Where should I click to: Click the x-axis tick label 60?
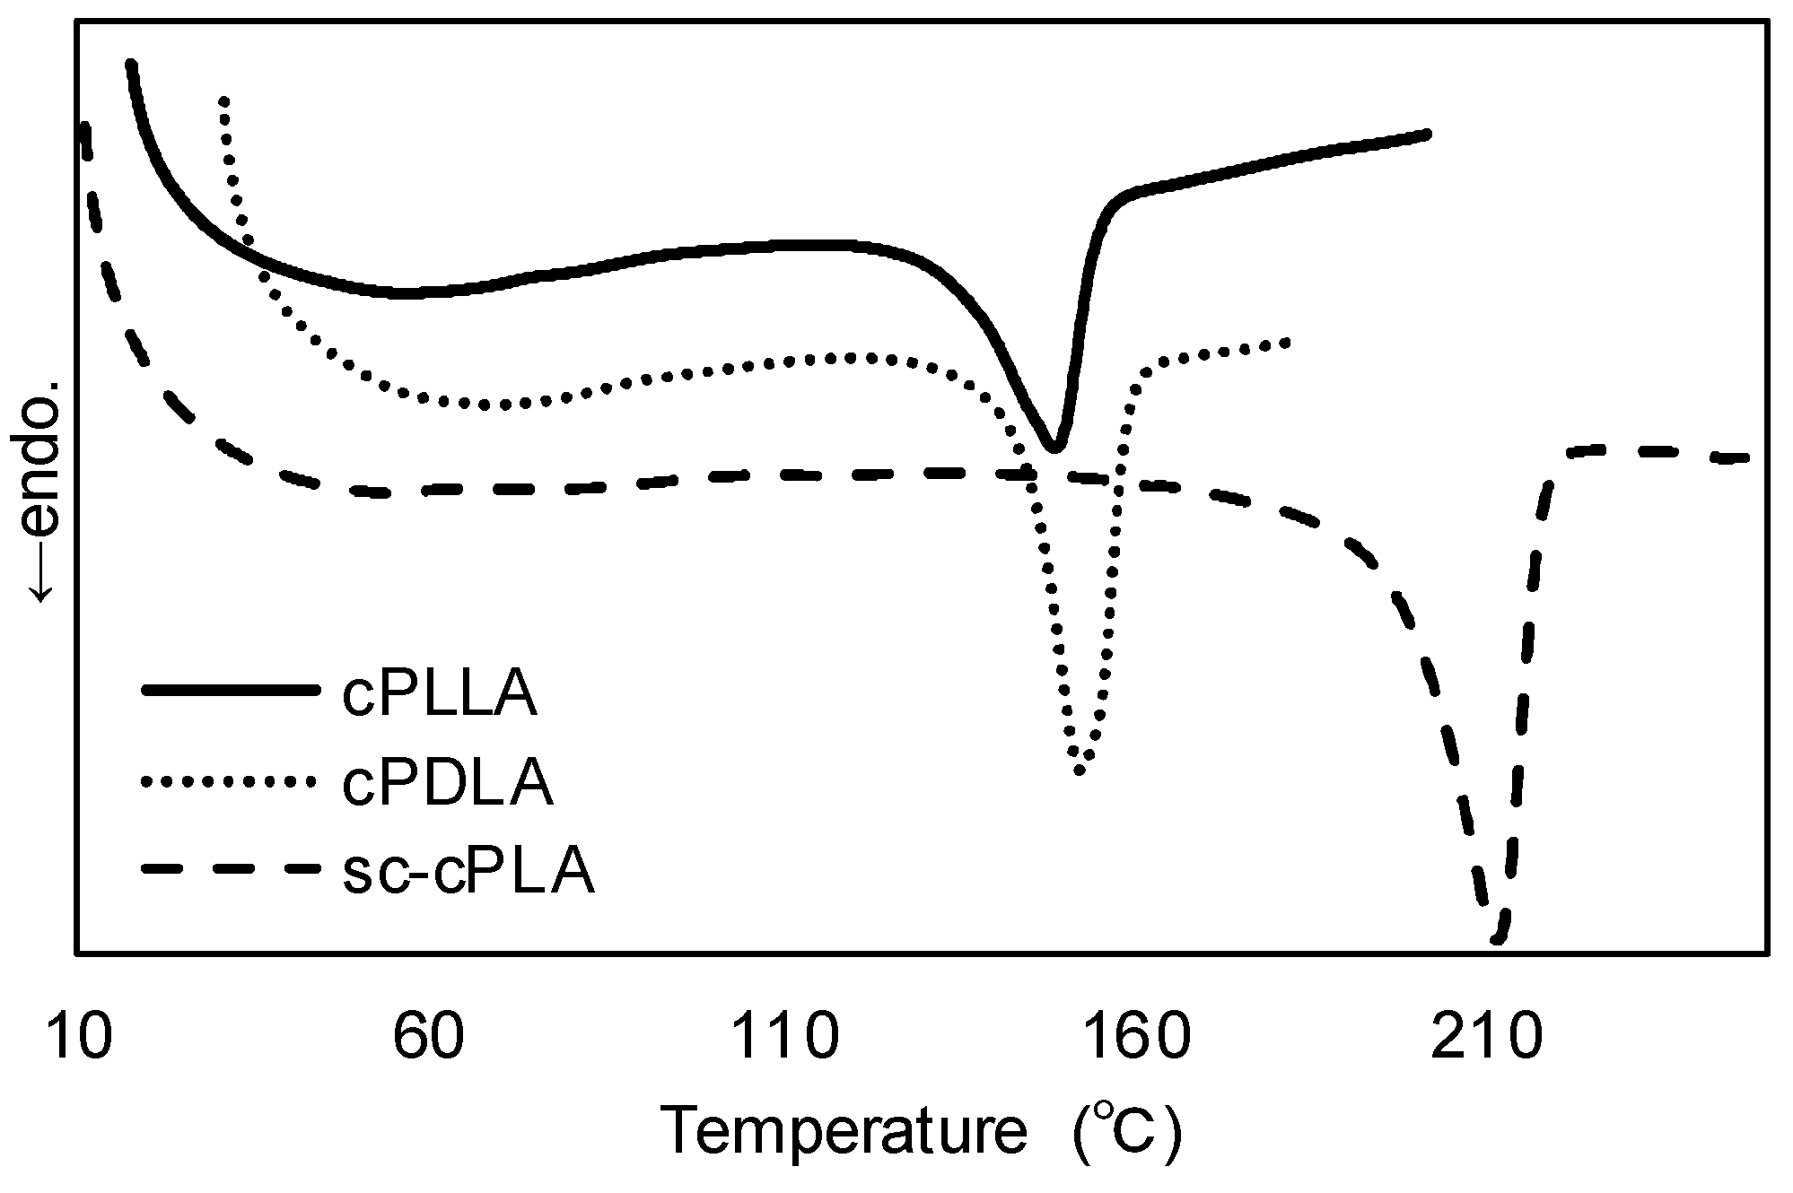[x=429, y=1037]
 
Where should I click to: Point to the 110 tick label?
[x=785, y=1037]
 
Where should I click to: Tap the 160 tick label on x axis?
[x=1136, y=1037]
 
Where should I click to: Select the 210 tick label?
[x=1487, y=1037]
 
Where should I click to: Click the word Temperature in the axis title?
[x=843, y=1132]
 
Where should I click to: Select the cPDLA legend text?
[x=447, y=783]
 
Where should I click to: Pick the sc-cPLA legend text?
[x=468, y=871]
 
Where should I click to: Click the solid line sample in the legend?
[x=230, y=690]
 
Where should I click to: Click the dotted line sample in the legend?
[x=230, y=780]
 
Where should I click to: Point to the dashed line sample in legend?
[x=230, y=869]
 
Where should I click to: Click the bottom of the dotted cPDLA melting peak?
[x=1080, y=769]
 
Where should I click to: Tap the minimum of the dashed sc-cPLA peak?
[x=1497, y=938]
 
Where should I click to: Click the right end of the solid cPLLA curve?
[x=1426, y=135]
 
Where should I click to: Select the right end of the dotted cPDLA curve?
[x=1286, y=343]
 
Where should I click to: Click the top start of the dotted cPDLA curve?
[x=223, y=100]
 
